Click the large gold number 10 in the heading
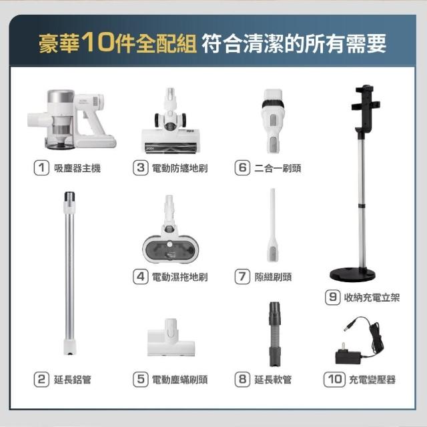coord(98,41)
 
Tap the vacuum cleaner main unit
coord(71,119)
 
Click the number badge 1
coord(41,167)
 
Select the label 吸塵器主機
coord(77,168)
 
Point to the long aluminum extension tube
coord(69,273)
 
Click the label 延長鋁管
coord(73,380)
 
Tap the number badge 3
coord(141,167)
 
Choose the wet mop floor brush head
coord(171,229)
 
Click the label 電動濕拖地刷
coord(179,277)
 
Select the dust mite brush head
coord(171,338)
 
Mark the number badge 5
coord(141,380)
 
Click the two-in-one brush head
coord(273,121)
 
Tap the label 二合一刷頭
coord(278,168)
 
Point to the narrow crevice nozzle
coord(273,225)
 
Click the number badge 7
coord(242,277)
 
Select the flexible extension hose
coord(275,334)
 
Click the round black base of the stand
coord(352,274)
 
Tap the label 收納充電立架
coord(372,298)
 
